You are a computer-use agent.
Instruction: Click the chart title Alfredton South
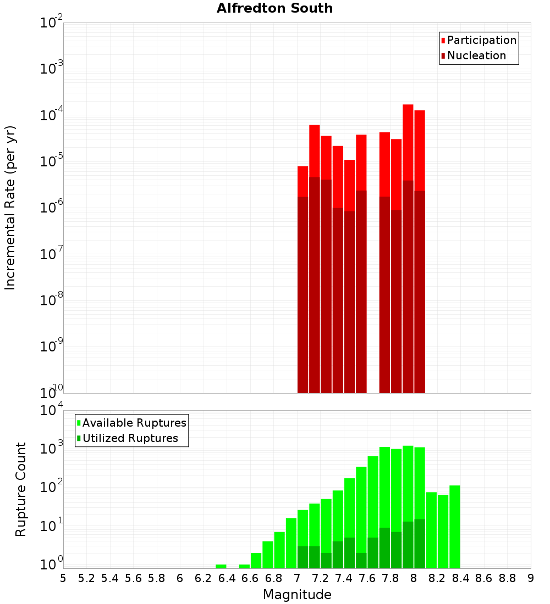[x=274, y=8]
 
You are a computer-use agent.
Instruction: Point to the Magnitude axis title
[x=297, y=595]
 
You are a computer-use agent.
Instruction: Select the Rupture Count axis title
[x=21, y=489]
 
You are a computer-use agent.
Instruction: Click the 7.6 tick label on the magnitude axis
[x=367, y=578]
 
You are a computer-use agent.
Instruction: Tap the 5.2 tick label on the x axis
[x=87, y=578]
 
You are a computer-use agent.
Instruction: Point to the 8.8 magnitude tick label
[x=508, y=578]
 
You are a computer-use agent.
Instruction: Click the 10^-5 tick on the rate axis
[x=51, y=162]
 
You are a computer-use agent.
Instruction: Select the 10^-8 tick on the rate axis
[x=51, y=301]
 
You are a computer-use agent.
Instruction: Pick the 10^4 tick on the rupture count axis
[x=52, y=411]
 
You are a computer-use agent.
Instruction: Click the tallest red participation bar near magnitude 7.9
[x=408, y=143]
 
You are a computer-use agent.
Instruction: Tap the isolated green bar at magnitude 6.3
[x=221, y=566]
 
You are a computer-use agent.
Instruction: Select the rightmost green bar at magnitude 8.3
[x=455, y=527]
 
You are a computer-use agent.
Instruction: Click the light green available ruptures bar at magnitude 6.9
[x=291, y=543]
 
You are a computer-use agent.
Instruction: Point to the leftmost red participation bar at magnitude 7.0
[x=302, y=181]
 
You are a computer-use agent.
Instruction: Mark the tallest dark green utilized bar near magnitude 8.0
[x=420, y=544]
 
